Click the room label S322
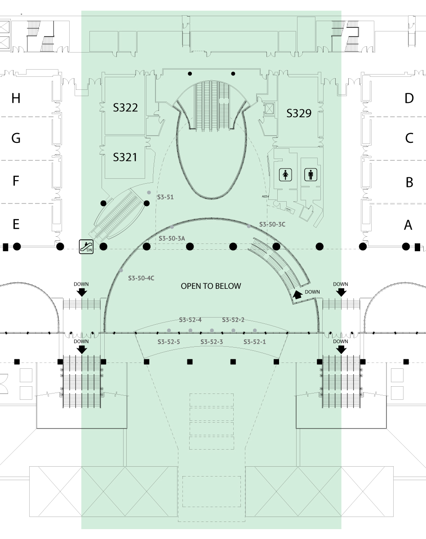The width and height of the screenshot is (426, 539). click(x=125, y=107)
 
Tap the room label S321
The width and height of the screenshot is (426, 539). click(x=125, y=157)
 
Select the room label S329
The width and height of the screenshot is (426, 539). click(x=299, y=113)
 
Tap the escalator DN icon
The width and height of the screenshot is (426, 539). click(x=86, y=247)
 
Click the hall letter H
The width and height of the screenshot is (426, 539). click(x=16, y=98)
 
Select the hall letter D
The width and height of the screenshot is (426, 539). click(x=409, y=98)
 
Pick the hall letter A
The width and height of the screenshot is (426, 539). click(x=408, y=225)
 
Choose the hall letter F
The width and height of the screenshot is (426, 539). click(x=16, y=181)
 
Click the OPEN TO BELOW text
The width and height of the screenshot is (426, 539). click(x=211, y=286)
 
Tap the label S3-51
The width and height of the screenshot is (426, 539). click(x=165, y=197)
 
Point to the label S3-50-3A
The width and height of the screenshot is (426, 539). click(x=172, y=239)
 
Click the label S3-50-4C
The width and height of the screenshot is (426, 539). click(x=141, y=278)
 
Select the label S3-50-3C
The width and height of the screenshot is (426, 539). click(x=272, y=224)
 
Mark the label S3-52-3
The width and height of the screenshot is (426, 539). click(x=211, y=342)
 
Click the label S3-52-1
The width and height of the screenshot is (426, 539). click(x=255, y=342)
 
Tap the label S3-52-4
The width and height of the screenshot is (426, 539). click(x=190, y=320)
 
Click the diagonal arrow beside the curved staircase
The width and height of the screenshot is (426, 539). click(x=297, y=295)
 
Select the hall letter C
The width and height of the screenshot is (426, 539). click(x=409, y=138)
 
